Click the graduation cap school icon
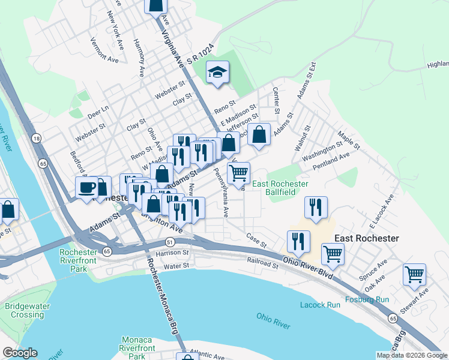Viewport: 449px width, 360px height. (x=217, y=73)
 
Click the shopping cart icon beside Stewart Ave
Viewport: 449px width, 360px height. (x=414, y=274)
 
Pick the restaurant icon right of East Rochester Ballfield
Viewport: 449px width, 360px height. (x=316, y=208)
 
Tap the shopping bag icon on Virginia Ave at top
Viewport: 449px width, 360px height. (x=156, y=5)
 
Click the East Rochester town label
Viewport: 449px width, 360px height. (x=366, y=238)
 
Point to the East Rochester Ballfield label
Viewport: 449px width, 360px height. (x=280, y=188)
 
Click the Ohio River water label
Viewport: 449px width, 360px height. (x=273, y=321)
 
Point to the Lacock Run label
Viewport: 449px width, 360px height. (x=320, y=305)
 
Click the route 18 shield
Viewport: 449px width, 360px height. (x=37, y=139)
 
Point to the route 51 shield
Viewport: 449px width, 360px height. (x=170, y=242)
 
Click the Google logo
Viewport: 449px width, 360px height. (x=20, y=353)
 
